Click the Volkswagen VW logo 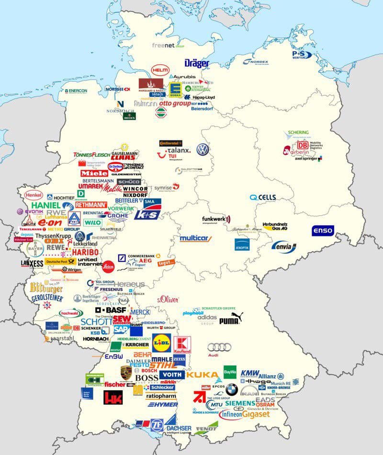click(203, 150)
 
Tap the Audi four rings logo click(219, 347)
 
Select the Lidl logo click(162, 342)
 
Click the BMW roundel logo click(232, 389)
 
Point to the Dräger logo click(197, 63)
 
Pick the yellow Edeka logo click(175, 89)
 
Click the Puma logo click(231, 318)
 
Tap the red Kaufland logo click(182, 345)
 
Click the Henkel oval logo click(34, 196)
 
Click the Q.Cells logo click(263, 198)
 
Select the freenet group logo click(168, 46)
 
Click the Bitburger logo click(46, 288)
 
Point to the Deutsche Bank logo click(121, 259)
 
